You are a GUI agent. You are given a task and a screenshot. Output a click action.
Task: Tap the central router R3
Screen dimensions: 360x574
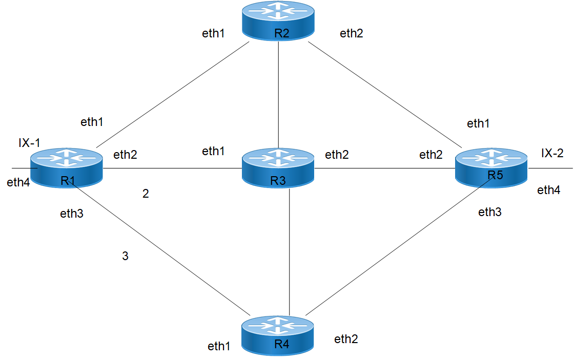pyautogui.click(x=277, y=168)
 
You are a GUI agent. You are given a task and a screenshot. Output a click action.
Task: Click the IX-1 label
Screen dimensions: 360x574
pyautogui.click(x=29, y=143)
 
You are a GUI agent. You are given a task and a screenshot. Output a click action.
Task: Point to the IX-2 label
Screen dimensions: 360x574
pyautogui.click(x=553, y=152)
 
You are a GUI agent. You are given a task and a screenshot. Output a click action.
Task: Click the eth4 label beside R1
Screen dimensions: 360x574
pyautogui.click(x=18, y=182)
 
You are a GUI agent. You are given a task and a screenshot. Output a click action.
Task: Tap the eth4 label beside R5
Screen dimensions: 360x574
pyautogui.click(x=548, y=190)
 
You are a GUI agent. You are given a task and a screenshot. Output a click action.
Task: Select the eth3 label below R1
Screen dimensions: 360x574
pyautogui.click(x=72, y=214)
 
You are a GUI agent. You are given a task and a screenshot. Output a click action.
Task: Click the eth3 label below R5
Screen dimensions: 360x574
pyautogui.click(x=490, y=212)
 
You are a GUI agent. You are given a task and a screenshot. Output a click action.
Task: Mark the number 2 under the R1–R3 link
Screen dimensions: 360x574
pyautogui.click(x=146, y=195)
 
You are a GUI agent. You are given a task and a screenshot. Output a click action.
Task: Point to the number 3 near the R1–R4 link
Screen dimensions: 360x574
pyautogui.click(x=125, y=257)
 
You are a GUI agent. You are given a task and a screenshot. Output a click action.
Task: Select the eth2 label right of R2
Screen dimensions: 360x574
pyautogui.click(x=352, y=34)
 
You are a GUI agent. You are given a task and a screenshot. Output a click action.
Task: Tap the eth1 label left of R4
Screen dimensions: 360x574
pyautogui.click(x=219, y=347)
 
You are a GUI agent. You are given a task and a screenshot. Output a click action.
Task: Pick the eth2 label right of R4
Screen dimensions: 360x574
pyautogui.click(x=346, y=338)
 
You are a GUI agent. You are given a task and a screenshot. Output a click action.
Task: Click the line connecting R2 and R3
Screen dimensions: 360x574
pyautogui.click(x=278, y=92)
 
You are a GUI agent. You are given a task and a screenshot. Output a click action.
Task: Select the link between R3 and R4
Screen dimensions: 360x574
pyautogui.click(x=290, y=251)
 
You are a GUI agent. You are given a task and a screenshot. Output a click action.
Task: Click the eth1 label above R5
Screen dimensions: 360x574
pyautogui.click(x=479, y=123)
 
